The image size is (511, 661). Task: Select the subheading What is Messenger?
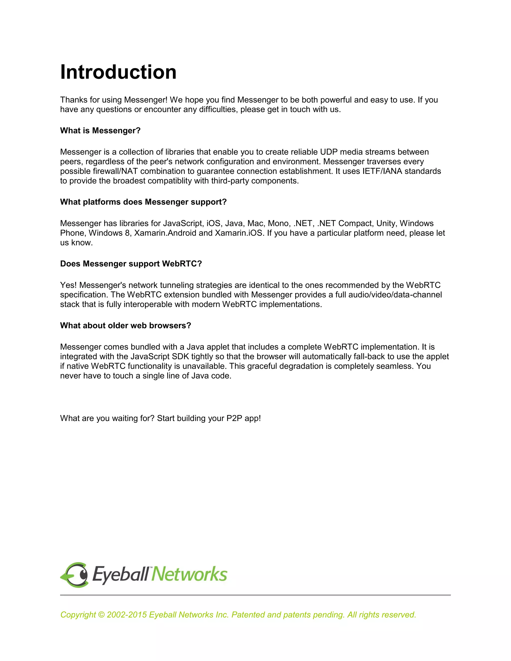100,130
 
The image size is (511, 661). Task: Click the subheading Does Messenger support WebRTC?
131,264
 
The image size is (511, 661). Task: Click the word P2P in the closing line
234,418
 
